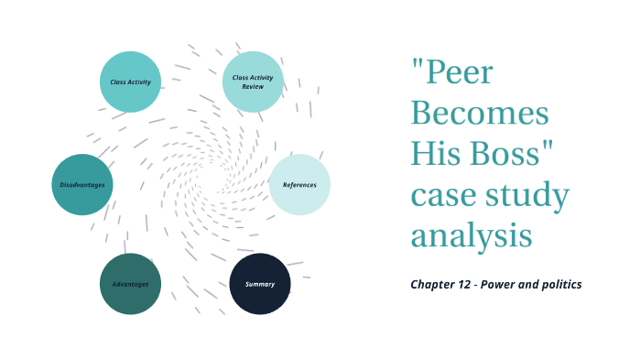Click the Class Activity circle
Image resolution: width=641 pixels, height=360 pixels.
(130, 82)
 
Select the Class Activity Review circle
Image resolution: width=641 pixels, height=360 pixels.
(254, 82)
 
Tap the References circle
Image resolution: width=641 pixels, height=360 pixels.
(299, 185)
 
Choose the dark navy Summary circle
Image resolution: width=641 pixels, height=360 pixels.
(259, 284)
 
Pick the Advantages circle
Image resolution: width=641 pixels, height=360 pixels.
(130, 284)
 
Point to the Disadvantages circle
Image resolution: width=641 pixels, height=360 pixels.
(82, 185)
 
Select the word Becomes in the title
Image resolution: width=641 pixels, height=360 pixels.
(480, 115)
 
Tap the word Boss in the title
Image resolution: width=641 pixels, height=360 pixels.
(512, 154)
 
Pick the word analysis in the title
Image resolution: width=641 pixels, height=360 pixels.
(472, 235)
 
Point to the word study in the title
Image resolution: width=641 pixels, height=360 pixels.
(530, 195)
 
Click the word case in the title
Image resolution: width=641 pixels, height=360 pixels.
(445, 195)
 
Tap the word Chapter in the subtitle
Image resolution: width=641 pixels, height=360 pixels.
(434, 284)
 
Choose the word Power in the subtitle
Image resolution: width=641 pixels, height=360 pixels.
(502, 284)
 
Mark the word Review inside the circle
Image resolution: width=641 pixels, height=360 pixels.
(254, 88)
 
